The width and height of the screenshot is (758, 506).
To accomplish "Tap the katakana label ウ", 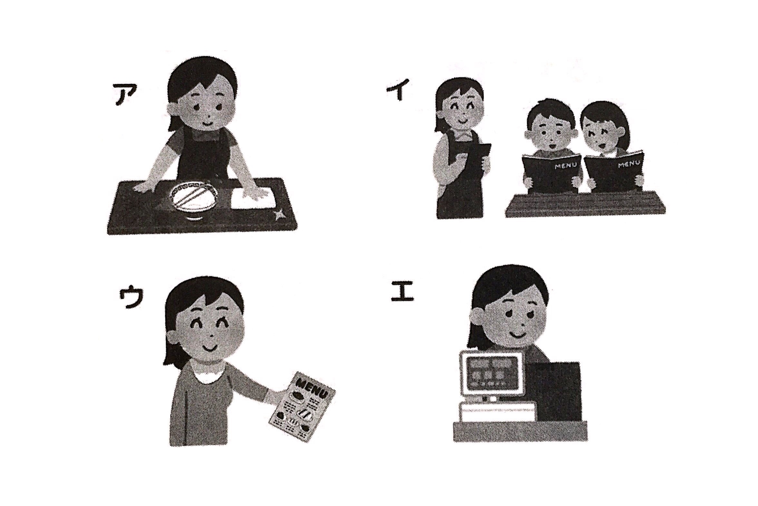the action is point(130,298).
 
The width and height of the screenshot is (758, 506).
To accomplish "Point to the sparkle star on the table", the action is point(279,213).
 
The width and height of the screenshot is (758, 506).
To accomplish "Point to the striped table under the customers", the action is point(585,204).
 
